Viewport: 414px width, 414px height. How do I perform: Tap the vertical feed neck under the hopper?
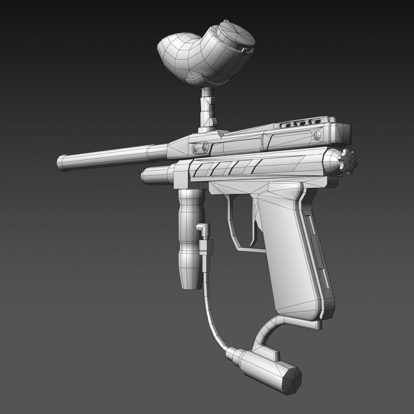coord(208,109)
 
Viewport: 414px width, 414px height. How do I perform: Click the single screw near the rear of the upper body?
coord(317,136)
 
